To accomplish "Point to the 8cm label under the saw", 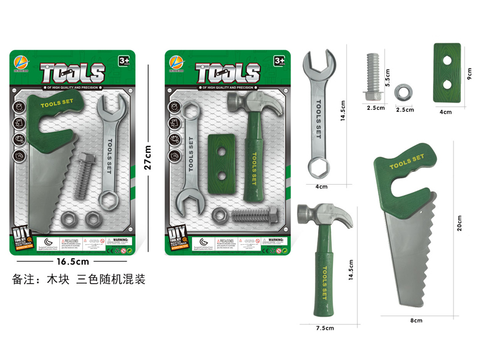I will [416, 320].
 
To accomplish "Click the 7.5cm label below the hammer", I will [325, 328].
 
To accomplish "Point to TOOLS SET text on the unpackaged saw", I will [406, 161].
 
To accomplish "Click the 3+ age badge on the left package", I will [124, 61].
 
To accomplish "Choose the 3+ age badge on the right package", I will [279, 61].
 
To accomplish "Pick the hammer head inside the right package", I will [251, 103].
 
